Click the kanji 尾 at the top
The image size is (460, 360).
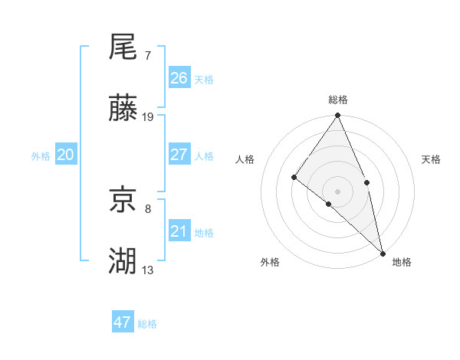click(123, 47)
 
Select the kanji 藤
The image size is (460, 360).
click(123, 109)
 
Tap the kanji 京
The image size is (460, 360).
click(123, 201)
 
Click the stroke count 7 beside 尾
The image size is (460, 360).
click(147, 56)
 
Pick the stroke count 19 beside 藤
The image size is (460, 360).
click(148, 117)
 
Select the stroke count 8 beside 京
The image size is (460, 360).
click(147, 208)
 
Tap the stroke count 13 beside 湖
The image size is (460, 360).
click(148, 270)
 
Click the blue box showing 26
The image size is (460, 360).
click(179, 78)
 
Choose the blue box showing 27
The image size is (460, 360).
click(179, 155)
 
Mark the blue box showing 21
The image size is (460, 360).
click(179, 231)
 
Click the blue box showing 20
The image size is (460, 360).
click(66, 155)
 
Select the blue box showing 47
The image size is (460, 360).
click(123, 322)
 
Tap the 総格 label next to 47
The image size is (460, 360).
click(147, 324)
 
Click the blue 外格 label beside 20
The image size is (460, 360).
click(41, 156)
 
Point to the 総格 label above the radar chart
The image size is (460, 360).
click(337, 100)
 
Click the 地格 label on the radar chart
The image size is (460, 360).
click(402, 262)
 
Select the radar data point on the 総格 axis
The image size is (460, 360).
click(337, 116)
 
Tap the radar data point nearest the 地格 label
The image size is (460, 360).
click(383, 253)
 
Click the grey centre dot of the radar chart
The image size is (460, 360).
click(337, 191)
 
